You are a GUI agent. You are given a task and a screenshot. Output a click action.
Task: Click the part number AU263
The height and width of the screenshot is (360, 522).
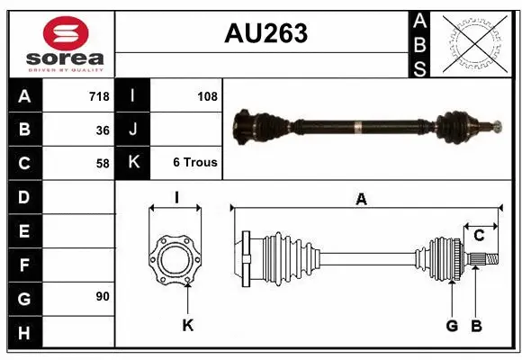[265, 33]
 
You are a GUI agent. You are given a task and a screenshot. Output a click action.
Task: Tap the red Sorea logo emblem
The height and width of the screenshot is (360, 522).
[66, 35]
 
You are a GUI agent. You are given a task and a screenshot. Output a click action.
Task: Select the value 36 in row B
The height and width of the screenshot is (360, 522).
[103, 130]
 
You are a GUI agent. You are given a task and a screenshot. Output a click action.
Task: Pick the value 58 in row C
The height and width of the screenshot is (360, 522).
[103, 163]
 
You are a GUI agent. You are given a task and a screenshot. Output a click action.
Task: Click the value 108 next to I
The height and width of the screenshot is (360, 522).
[207, 96]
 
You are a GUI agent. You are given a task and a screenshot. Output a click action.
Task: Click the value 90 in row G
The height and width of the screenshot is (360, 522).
[103, 296]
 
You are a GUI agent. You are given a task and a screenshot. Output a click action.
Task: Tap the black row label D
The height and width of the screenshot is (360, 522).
[24, 196]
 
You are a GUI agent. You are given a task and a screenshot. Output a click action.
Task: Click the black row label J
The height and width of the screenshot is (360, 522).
[132, 130]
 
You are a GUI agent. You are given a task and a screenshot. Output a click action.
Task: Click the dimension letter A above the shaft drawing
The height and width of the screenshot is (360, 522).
[361, 199]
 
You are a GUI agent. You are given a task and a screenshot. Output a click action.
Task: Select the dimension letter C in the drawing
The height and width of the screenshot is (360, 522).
[479, 235]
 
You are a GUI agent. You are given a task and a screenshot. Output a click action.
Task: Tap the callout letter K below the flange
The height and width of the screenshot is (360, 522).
[188, 325]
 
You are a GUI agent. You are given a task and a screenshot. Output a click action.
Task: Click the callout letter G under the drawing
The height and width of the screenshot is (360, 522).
[452, 325]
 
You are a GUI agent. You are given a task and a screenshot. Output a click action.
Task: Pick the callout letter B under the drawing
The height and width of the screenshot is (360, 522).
[477, 325]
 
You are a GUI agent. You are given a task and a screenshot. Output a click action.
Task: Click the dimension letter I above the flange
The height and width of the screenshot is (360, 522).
[176, 197]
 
